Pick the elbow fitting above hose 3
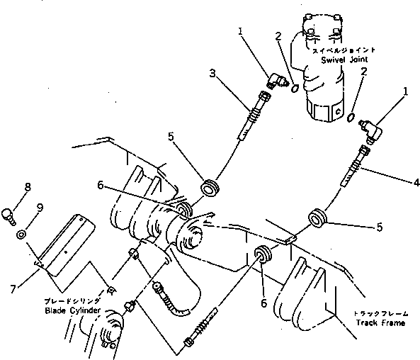click(x=276, y=84)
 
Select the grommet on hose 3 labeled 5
click(x=210, y=189)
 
